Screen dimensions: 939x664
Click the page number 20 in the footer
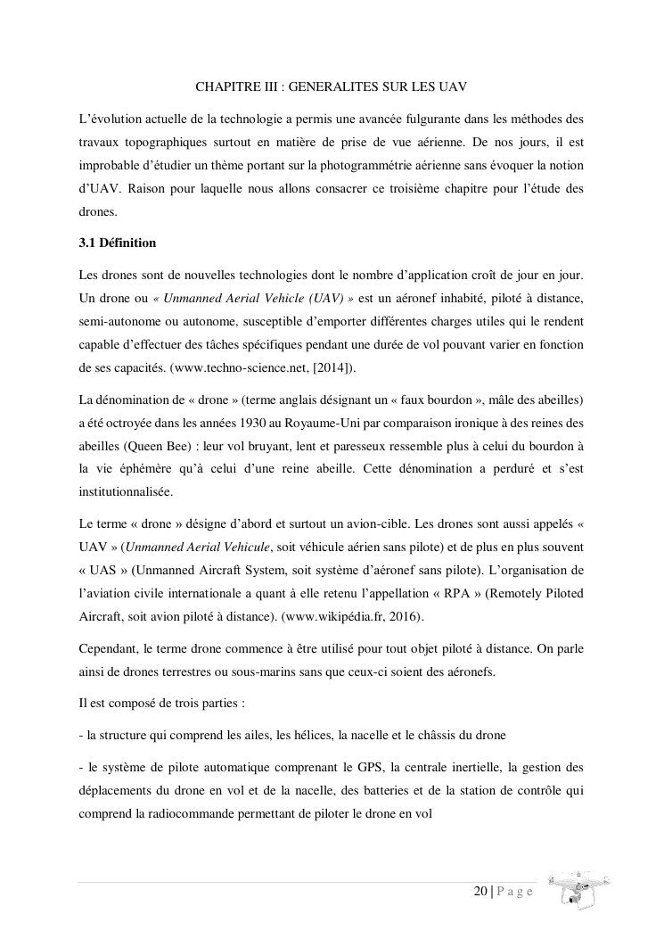tap(480, 891)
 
